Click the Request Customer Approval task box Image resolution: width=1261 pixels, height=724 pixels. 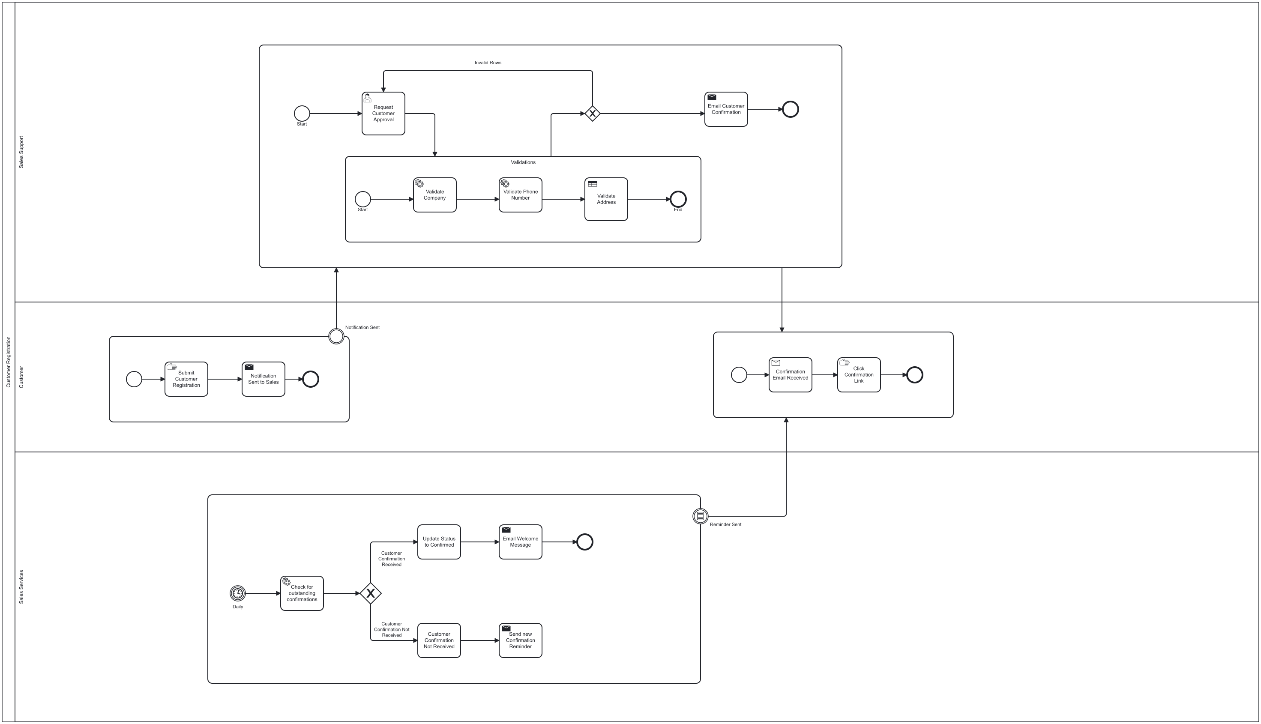pos(383,114)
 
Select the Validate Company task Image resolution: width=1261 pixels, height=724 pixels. pos(434,195)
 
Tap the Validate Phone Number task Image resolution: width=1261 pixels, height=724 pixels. pos(520,195)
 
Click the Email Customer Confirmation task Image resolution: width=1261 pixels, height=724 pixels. pos(725,109)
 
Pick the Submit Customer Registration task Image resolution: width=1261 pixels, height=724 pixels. pos(186,379)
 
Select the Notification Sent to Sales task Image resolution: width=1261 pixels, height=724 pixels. pos(263,379)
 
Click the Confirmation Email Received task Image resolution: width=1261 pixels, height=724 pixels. pos(790,375)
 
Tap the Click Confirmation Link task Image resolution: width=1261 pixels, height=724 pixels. pos(858,375)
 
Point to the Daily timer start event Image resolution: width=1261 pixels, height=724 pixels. pos(238,593)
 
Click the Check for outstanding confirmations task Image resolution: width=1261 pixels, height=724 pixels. pos(301,593)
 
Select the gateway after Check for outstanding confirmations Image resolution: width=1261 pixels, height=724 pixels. pos(371,593)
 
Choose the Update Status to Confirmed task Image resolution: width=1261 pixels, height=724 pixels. pos(439,542)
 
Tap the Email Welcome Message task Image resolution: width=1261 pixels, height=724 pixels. pos(520,542)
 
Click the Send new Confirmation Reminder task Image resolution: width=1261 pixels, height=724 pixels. pos(520,640)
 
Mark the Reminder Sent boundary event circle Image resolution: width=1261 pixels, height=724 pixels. pos(700,516)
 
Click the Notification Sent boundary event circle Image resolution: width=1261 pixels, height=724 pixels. pos(336,336)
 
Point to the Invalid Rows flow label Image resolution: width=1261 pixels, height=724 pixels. pos(487,63)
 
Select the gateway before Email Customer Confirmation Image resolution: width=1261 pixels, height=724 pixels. pos(592,114)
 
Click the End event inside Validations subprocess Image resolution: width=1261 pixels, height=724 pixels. pos(678,199)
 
